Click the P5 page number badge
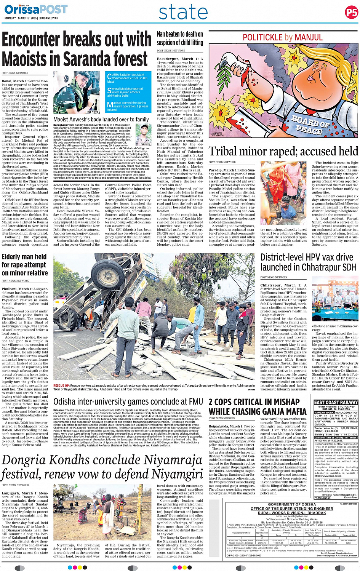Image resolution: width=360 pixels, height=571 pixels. [x=351, y=13]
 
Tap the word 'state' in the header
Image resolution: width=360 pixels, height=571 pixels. [x=183, y=13]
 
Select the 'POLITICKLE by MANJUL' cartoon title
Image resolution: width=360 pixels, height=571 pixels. [x=283, y=37]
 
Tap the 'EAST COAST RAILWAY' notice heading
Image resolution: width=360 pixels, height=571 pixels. [x=336, y=402]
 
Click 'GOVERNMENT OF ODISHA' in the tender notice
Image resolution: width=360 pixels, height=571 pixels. [x=292, y=504]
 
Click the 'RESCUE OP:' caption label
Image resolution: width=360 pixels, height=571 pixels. [x=61, y=385]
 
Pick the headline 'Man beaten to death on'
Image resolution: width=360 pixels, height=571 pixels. [x=180, y=35]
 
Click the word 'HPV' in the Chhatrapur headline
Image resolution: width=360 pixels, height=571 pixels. [x=315, y=257]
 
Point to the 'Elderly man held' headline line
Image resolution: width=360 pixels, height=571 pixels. [x=24, y=257]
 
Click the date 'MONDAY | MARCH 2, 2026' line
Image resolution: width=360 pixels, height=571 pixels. [x=31, y=18]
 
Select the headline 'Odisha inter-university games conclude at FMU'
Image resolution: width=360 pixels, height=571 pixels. [x=128, y=401]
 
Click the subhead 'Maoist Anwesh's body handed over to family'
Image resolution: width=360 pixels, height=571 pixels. [x=101, y=119]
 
